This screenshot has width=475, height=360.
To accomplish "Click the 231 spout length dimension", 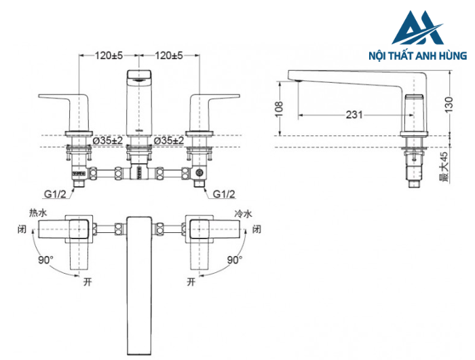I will pos(354,115).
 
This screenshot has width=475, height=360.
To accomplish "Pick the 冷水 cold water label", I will pos(243,213).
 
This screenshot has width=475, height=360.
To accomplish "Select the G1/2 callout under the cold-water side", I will pos(223,194).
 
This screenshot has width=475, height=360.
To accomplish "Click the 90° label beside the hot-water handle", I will pos(45,259).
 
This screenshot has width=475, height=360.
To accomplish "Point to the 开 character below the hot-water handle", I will pos(85,280).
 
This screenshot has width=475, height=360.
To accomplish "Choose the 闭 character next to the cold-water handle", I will pos(256,230).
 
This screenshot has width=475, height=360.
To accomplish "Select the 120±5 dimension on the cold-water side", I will pos(170,55).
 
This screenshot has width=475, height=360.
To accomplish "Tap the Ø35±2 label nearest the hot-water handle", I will pos(109,140).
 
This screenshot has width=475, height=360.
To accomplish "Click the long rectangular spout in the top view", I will pos(140,285).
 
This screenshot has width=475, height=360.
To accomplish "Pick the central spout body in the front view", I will pos(140,102).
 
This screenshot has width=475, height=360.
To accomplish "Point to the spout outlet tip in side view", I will pos(297,80).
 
